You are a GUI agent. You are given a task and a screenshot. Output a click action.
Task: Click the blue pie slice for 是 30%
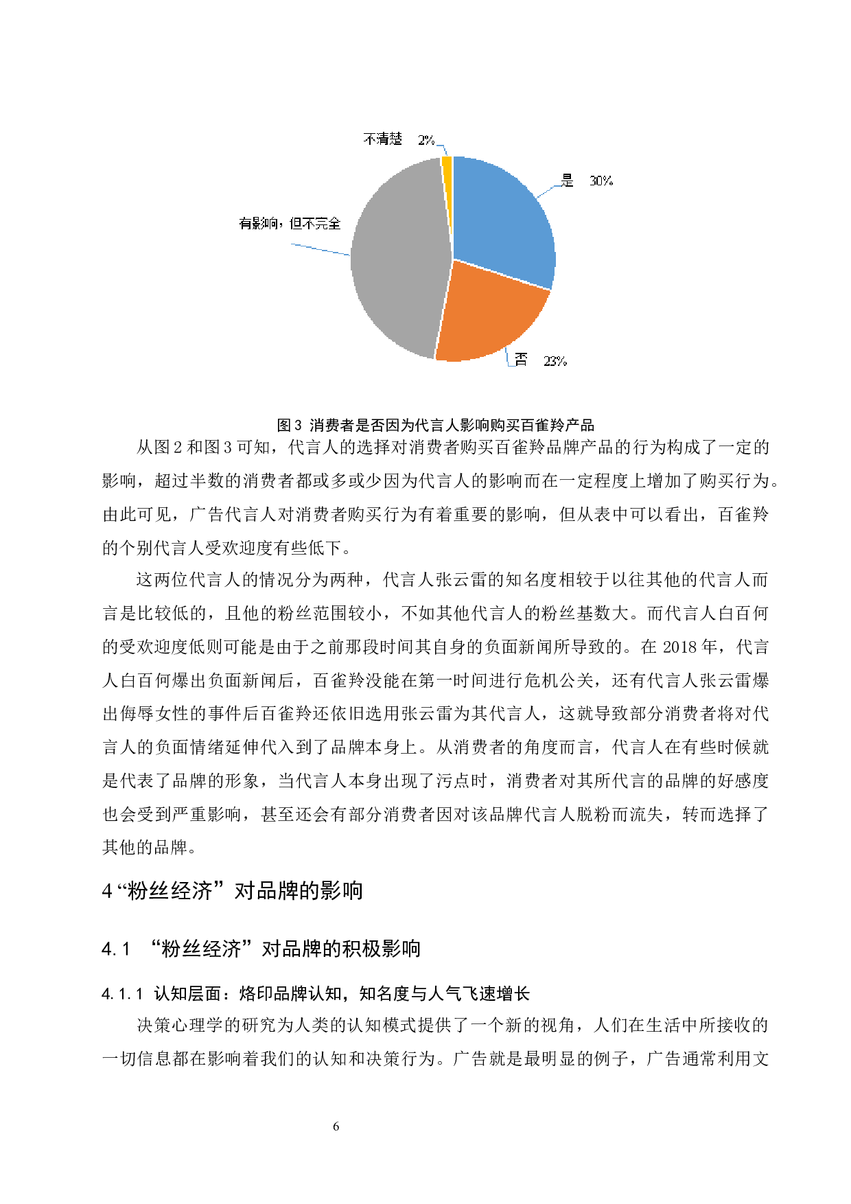[x=501, y=220]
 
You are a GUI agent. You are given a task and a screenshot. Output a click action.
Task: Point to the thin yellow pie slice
[x=447, y=165]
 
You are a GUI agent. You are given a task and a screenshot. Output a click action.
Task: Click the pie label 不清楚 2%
[x=399, y=139]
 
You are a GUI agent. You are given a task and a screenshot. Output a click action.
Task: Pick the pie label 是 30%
[x=587, y=181]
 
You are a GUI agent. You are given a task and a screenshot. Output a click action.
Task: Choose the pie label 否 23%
[x=541, y=360]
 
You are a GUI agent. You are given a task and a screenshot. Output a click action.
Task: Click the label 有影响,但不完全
[x=290, y=223]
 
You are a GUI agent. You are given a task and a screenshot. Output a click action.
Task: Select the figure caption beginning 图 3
[x=435, y=425]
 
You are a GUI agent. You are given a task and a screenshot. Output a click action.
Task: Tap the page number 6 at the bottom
[x=336, y=1126]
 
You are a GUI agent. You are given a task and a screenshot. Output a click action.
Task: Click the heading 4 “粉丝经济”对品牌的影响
[x=232, y=890]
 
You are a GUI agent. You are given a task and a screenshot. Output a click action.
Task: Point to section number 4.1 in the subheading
[x=115, y=949]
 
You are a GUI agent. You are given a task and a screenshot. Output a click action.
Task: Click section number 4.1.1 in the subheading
[x=122, y=993]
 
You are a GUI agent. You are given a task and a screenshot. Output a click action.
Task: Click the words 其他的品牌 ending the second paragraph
[x=145, y=848]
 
